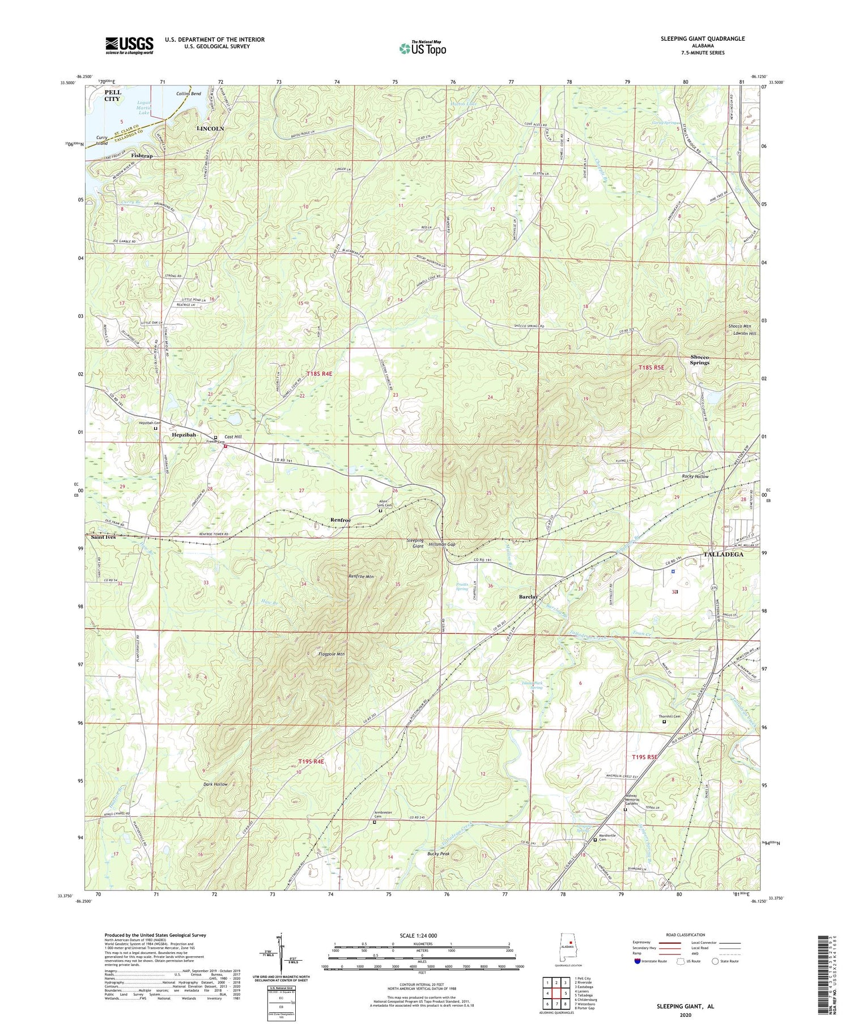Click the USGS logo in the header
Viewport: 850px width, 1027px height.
click(129, 45)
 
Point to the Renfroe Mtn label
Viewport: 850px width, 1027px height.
click(361, 576)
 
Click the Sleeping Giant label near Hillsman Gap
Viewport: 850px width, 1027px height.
click(415, 543)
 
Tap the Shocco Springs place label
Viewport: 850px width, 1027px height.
click(699, 360)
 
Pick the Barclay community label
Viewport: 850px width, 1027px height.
click(528, 597)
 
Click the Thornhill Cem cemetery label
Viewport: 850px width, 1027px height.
click(669, 717)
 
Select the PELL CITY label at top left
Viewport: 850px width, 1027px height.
click(112, 95)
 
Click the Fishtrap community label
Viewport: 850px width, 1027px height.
click(142, 155)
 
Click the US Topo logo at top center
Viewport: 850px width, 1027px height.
click(422, 48)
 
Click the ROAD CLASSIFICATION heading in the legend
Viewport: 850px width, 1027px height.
click(686, 935)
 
